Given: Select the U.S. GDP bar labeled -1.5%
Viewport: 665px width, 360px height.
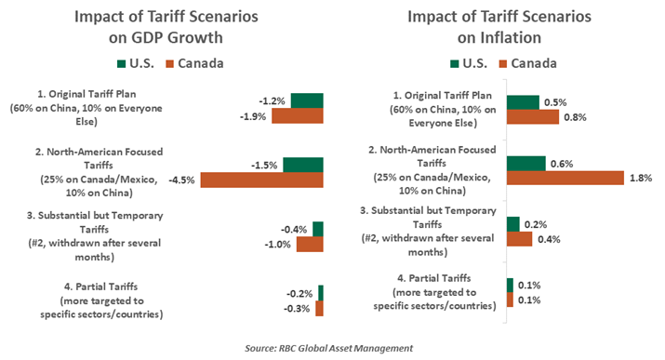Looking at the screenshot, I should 303,165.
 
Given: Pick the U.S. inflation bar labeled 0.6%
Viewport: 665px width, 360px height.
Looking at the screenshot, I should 525,164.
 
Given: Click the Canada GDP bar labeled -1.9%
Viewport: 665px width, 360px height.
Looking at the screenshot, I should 291,116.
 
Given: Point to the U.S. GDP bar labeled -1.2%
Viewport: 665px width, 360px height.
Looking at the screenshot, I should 307,100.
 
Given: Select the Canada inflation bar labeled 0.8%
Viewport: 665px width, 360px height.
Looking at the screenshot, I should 532,117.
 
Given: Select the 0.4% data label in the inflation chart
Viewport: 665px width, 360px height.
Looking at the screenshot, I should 548,241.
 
